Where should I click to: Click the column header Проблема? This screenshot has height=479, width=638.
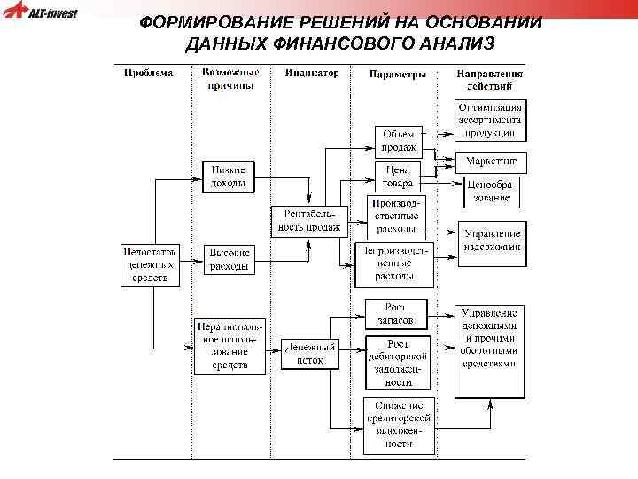tap(149, 73)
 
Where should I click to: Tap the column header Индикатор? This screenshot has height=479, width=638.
tap(312, 73)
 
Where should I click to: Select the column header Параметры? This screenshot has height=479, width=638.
tap(396, 74)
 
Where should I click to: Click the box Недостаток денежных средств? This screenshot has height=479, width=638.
tap(150, 264)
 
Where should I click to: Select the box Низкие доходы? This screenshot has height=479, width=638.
tap(228, 177)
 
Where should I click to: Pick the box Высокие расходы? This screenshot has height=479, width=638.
tap(230, 259)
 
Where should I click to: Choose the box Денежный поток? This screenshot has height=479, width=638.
tap(309, 353)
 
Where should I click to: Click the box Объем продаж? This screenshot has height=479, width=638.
tap(398, 141)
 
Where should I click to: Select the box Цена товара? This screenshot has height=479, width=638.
tap(397, 176)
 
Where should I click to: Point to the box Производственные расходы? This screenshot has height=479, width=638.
tap(396, 216)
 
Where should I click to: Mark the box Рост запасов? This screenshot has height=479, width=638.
tap(396, 313)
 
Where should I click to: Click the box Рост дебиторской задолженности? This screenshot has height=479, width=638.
tap(398, 362)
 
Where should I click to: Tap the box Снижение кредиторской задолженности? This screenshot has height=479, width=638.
tap(398, 425)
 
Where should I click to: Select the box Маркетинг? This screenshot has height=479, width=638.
tap(491, 162)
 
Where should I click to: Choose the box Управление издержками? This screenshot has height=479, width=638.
tap(492, 240)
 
